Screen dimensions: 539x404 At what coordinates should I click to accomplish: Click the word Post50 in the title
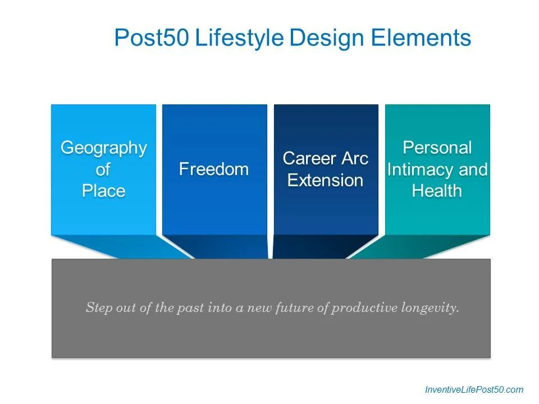coord(152,37)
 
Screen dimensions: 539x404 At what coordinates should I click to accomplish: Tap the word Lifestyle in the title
coord(239,38)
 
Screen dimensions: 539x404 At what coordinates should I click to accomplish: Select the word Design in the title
coord(327,38)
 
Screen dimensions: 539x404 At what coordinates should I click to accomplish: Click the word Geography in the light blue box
coord(104,149)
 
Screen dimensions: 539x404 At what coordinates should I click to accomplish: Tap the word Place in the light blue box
coord(103,191)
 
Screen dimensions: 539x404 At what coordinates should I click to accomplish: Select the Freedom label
coord(214,169)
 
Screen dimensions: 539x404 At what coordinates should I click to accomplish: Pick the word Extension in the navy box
coord(325,180)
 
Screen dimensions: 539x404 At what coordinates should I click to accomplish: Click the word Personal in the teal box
coord(437,148)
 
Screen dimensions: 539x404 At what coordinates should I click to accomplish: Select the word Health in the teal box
coord(437,191)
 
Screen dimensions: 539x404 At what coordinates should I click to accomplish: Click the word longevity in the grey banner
coord(430,308)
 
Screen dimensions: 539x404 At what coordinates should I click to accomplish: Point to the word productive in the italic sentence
coord(365,308)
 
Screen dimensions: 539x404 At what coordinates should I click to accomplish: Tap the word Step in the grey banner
coord(99,307)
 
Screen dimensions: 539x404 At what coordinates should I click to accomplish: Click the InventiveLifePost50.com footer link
coord(474,389)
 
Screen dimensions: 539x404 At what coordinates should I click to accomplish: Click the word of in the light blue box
coord(103,169)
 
